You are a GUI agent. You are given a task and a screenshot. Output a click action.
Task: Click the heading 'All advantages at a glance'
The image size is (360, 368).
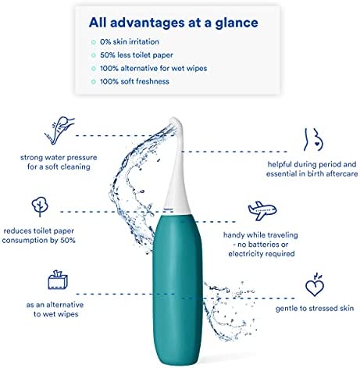(173, 23)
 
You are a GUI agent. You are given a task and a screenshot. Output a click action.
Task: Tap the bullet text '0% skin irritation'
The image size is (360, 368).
(130, 41)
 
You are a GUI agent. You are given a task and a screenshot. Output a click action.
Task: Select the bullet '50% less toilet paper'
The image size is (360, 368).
(137, 55)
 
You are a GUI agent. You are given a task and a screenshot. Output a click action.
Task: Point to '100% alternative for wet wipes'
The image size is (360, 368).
(154, 68)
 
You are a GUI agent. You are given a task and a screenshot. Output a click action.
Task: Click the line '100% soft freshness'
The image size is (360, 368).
(134, 81)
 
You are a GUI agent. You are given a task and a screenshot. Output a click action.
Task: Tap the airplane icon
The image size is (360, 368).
(262, 211)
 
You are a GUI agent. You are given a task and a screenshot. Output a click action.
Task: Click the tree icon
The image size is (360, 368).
(40, 206)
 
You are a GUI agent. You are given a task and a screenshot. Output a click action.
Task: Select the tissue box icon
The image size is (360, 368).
(58, 280)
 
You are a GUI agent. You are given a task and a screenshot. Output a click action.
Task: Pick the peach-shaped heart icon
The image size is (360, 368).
(315, 284)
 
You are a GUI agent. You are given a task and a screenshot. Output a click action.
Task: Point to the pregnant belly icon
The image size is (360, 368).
(313, 139)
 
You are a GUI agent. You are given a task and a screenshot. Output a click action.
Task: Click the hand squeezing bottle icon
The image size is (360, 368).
(59, 130)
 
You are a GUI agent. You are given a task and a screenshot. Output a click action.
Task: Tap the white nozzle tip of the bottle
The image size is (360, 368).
(176, 123)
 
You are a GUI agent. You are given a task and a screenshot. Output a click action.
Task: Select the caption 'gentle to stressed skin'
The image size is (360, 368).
(315, 309)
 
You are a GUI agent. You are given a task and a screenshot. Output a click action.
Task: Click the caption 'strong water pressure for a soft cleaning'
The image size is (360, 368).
(59, 162)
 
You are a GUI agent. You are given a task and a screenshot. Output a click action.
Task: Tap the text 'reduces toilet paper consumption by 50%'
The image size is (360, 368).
(38, 235)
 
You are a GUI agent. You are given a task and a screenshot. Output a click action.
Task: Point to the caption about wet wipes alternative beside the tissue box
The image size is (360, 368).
(55, 309)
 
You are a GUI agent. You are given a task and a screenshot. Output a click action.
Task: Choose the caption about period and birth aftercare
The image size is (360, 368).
(312, 169)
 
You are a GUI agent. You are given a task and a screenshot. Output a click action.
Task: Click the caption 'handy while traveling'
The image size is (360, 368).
(260, 235)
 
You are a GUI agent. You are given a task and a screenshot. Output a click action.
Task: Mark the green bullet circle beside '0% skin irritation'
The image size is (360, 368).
(94, 42)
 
